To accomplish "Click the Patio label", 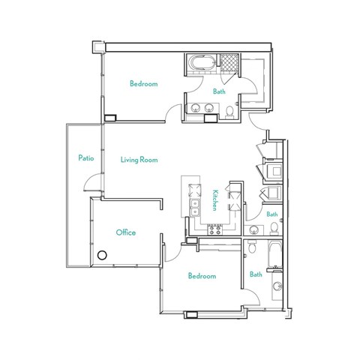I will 85,158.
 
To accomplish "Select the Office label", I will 125,233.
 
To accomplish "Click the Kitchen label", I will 214,199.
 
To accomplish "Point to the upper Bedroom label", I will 143,85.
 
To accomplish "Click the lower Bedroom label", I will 202,277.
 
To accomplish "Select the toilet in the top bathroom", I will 229,111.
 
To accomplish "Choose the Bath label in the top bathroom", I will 219,92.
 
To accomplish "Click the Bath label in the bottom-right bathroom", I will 256,274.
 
